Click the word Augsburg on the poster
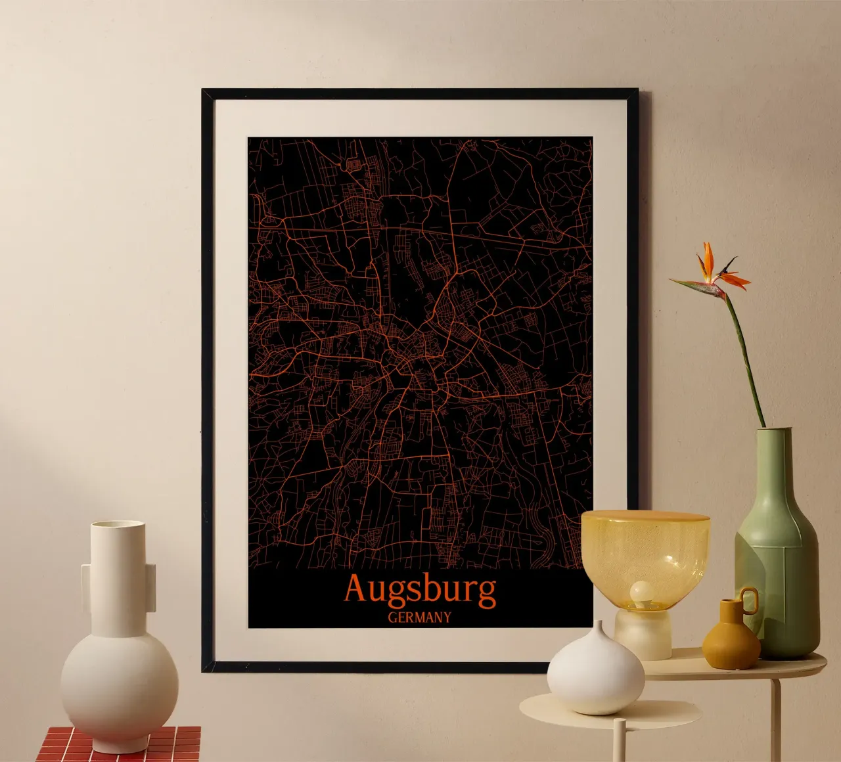click(x=420, y=589)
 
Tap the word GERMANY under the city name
click(x=419, y=617)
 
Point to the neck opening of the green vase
click(x=773, y=431)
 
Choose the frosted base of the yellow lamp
click(x=643, y=634)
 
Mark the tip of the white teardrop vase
click(x=595, y=625)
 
